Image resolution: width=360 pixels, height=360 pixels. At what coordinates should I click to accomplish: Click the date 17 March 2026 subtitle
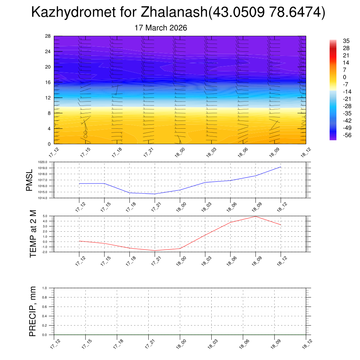161,28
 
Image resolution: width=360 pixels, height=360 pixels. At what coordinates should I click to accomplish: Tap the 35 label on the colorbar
347,41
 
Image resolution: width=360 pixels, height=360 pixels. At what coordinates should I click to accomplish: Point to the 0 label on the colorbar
345,77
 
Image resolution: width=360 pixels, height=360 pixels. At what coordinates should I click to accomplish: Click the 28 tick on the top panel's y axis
48,36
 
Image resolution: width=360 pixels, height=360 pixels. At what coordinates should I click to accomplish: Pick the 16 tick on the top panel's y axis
48,82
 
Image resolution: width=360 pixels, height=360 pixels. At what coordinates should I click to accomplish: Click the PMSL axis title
30,180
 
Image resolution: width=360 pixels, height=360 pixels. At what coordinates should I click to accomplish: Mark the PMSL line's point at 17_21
155,194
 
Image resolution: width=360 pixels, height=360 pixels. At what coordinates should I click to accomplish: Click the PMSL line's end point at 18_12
281,167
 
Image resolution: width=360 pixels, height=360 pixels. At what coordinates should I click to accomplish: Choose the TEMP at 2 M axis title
33,234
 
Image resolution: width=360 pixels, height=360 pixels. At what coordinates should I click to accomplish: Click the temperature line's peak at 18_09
256,216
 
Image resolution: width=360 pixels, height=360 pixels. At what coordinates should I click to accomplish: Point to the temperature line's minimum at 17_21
155,251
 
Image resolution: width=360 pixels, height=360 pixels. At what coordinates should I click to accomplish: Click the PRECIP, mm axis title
33,311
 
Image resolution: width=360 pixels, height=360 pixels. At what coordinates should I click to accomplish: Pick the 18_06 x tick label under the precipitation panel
243,343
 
